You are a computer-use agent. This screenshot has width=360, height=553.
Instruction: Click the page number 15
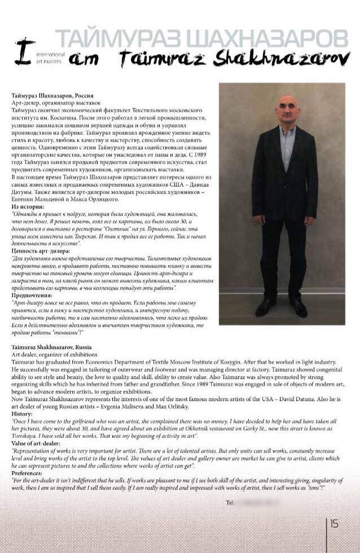point(334,524)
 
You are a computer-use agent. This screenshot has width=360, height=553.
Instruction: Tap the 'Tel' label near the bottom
point(230,502)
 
